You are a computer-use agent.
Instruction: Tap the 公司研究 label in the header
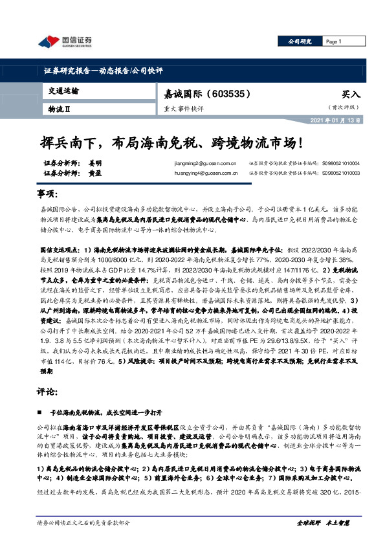coord(300,41)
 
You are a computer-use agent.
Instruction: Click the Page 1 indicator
coord(334,41)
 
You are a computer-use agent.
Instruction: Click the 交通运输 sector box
coord(64,91)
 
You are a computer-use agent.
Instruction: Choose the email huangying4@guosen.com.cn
coord(196,173)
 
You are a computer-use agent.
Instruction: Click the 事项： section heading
coord(48,195)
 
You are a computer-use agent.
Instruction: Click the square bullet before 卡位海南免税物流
coord(41,412)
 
